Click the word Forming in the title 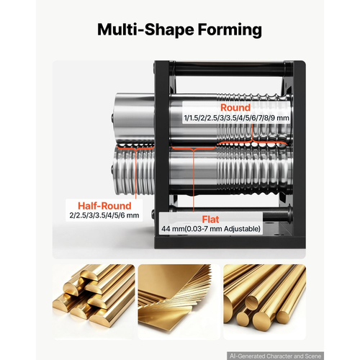[230, 30]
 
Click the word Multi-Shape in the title [145, 30]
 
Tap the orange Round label [235, 107]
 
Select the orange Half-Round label [104, 206]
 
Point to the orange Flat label [210, 220]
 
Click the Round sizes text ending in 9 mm [236, 118]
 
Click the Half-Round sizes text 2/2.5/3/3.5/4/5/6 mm [104, 215]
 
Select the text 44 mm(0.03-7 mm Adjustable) [211, 229]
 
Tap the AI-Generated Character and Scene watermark [275, 356]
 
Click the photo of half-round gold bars [94, 302]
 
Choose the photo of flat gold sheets [179, 302]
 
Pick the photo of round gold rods [265, 302]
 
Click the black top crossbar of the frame [230, 69]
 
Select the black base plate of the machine [230, 242]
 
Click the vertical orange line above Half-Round [136, 174]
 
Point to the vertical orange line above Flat [194, 181]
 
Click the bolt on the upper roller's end [112, 118]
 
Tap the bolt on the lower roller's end [112, 169]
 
